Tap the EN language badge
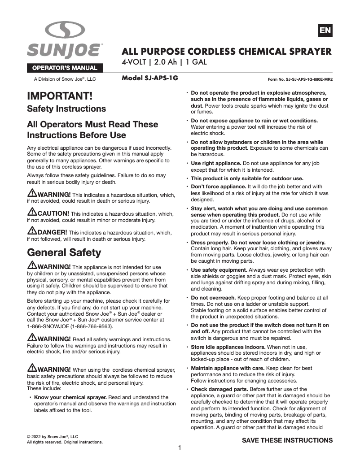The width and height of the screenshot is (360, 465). coord(325,30)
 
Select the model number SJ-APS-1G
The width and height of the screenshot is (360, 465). coord(150,78)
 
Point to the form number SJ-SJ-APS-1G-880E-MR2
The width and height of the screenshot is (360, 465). coord(300,79)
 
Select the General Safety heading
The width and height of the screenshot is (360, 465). coord(64,252)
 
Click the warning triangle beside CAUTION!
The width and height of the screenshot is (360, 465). coord(32,212)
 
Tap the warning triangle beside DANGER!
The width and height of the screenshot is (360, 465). coord(32,232)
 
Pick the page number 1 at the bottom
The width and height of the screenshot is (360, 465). coord(180,448)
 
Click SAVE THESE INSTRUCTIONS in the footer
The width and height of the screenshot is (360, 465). coord(287,440)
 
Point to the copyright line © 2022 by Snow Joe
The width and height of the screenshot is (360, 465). coord(53,436)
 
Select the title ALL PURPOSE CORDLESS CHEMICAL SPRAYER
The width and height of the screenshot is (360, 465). coord(227,51)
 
